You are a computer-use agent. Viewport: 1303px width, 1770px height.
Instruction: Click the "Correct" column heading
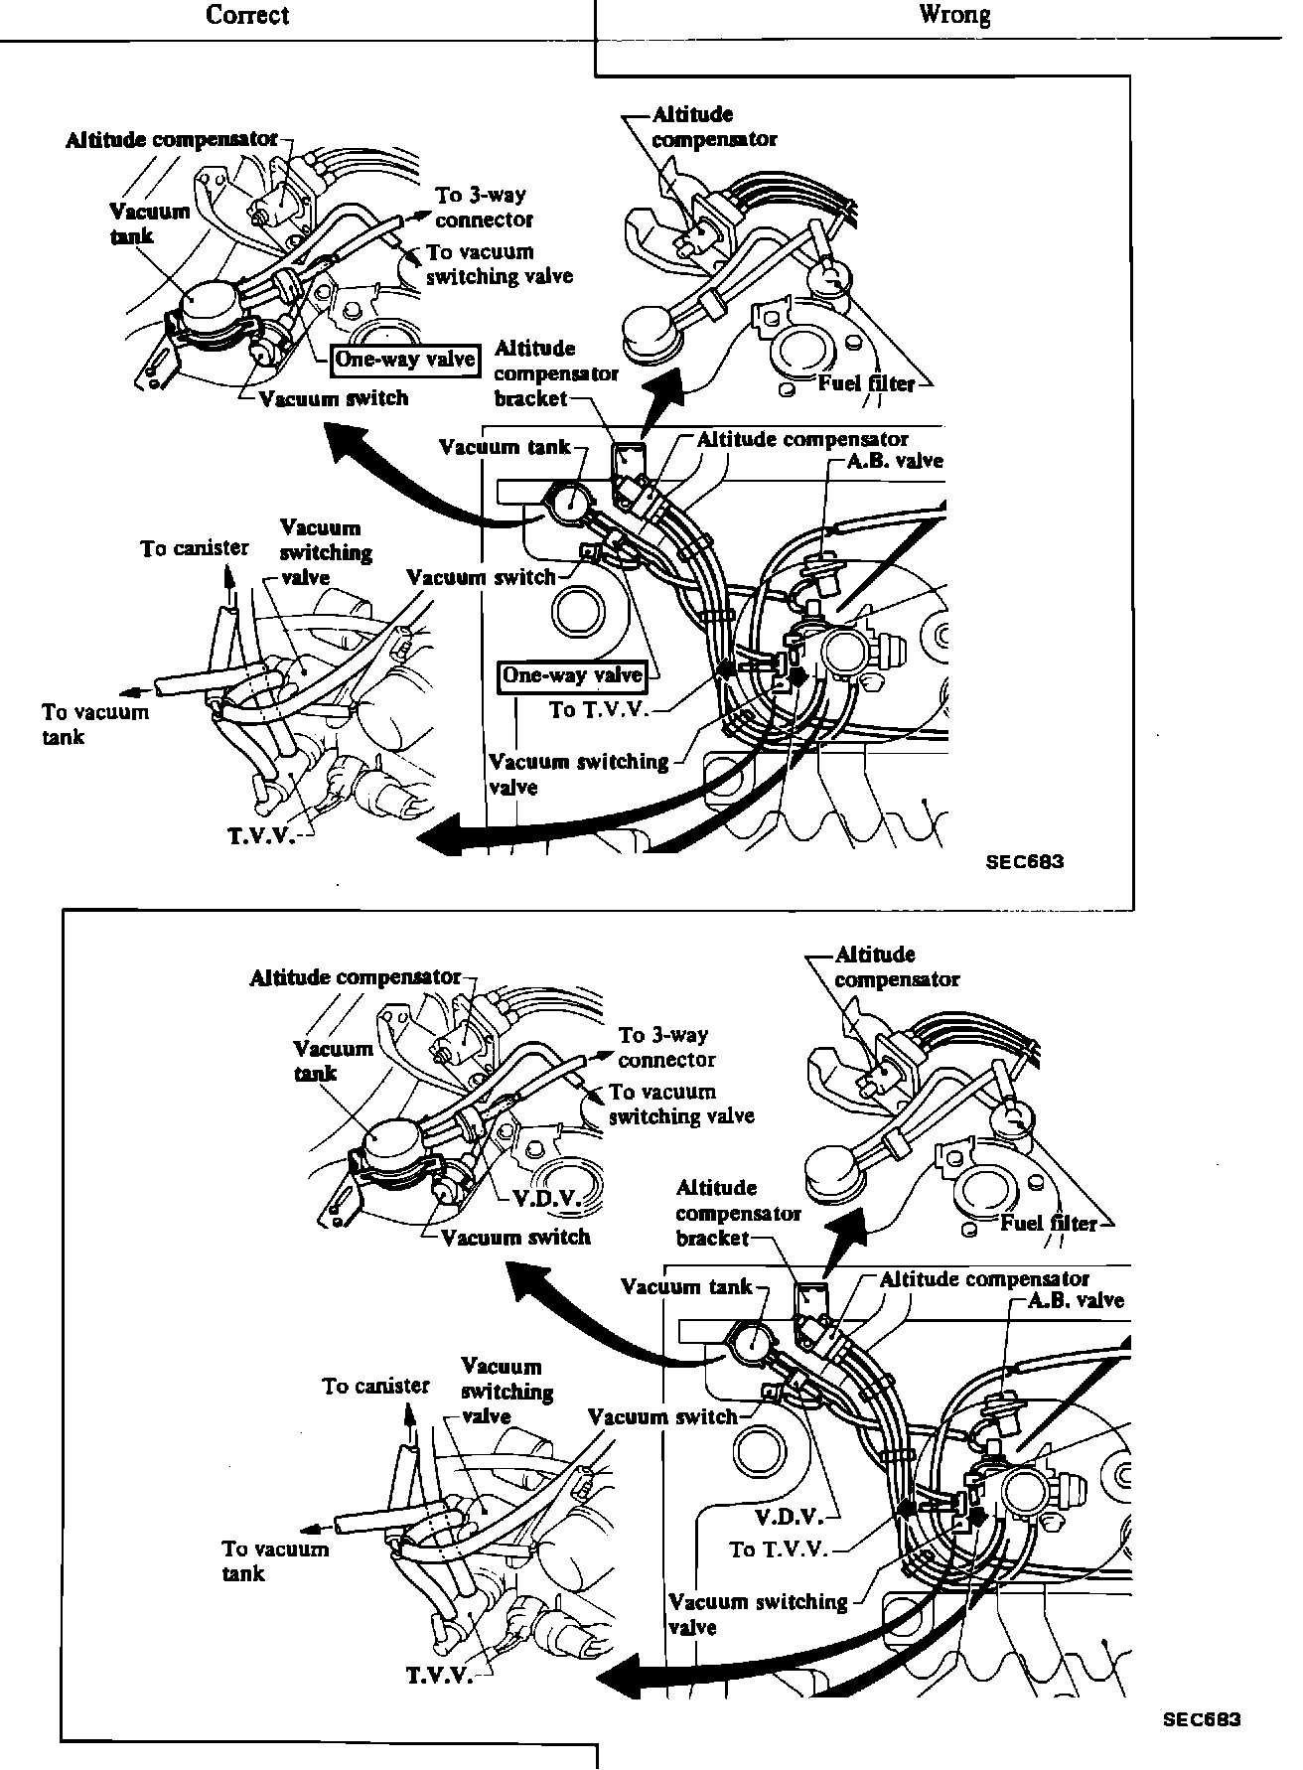[x=247, y=15]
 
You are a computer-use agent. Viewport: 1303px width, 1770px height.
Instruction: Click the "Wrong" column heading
[x=953, y=15]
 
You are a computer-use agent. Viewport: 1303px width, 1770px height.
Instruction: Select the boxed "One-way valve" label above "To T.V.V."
[x=572, y=676]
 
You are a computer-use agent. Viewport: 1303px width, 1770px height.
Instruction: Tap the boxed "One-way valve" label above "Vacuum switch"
[x=405, y=360]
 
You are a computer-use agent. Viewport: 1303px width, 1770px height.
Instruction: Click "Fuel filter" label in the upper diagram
[x=866, y=383]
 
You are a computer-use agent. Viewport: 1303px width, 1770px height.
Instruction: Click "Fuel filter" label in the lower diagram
[x=1049, y=1223]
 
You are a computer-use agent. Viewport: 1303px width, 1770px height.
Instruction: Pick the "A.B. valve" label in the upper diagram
[x=895, y=460]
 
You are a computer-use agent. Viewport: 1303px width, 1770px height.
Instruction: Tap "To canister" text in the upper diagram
[x=195, y=548]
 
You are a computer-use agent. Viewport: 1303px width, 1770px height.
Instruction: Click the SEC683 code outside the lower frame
[x=1202, y=1719]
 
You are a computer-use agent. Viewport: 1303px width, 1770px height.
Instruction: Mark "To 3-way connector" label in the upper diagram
[x=484, y=207]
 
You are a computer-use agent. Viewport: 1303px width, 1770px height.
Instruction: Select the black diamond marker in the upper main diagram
[x=797, y=677]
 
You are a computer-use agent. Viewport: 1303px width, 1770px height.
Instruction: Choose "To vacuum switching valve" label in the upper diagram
[x=499, y=264]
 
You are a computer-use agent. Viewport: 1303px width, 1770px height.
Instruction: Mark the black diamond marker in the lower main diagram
[x=977, y=1517]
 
